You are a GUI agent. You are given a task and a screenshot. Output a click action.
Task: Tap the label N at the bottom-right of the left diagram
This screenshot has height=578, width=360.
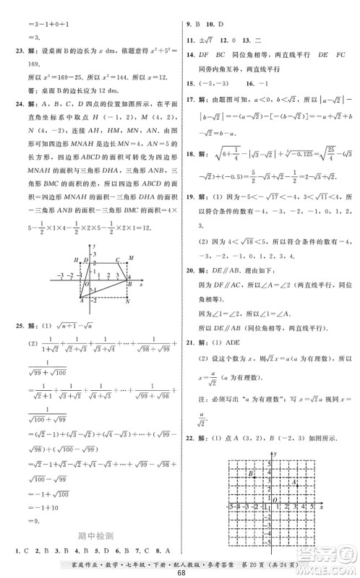[x=127, y=302]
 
